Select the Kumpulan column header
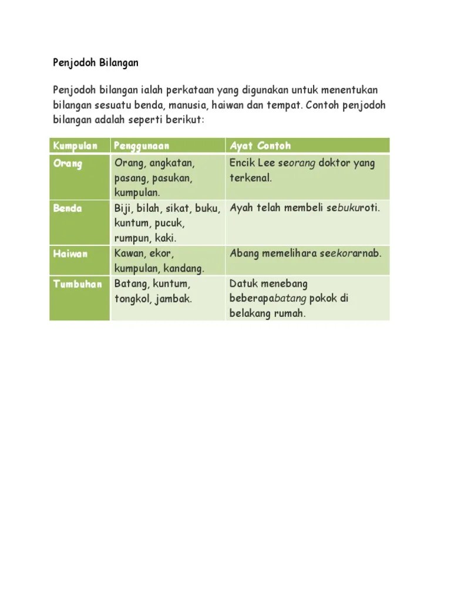[75, 146]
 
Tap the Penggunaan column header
[142, 146]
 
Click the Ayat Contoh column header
[260, 146]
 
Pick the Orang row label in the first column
[68, 163]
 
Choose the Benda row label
[68, 208]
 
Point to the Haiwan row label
[70, 254]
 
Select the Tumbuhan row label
[78, 284]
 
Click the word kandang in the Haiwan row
[183, 269]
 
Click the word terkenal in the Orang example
[250, 178]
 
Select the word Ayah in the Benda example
[241, 208]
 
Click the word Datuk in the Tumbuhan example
[243, 284]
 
